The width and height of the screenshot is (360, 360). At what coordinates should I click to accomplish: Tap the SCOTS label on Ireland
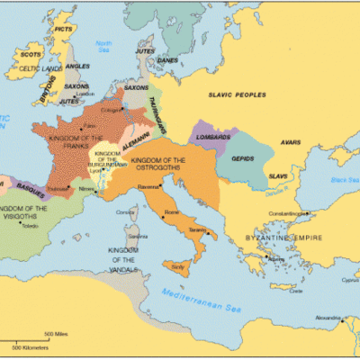coord(32,54)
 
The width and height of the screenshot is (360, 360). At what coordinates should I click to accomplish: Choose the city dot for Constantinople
coord(307,213)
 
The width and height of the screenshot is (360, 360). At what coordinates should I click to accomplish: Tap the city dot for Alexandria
coord(341,318)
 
